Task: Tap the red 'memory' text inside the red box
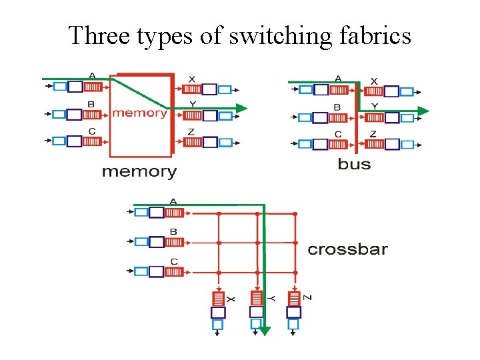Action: point(139,113)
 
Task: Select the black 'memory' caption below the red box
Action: point(139,172)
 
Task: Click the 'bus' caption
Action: point(354,164)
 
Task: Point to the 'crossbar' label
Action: point(347,250)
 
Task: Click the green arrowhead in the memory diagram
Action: point(241,108)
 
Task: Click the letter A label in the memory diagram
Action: point(92,75)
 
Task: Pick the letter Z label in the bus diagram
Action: point(373,134)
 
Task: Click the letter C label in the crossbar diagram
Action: point(173,261)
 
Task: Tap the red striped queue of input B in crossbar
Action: point(174,242)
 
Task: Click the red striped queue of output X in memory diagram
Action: point(191,89)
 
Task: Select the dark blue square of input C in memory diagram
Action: point(75,141)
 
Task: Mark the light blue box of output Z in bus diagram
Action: point(408,144)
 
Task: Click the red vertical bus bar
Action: point(358,117)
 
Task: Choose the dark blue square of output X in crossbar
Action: point(218,312)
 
